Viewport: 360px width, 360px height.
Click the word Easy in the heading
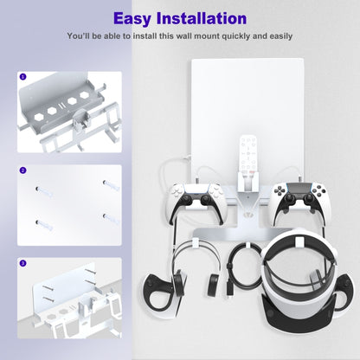coord(132,18)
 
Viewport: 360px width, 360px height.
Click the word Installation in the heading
coord(202,18)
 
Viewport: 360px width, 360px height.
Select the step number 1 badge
coord(22,77)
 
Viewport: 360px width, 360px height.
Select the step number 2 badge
coord(22,170)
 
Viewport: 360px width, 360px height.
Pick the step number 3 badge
coord(22,263)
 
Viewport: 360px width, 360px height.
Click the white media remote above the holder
coord(248,155)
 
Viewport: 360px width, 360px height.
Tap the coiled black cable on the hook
coord(245,267)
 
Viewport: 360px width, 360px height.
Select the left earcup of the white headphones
coord(179,283)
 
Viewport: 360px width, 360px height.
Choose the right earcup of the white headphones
coord(214,283)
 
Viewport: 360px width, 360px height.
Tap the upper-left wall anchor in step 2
coord(44,191)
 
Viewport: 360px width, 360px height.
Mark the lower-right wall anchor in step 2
coord(112,219)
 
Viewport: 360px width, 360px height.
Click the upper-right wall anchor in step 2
coord(112,185)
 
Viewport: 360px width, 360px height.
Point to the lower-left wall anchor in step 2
coord(44,225)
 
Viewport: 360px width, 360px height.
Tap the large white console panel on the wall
coord(247,115)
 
